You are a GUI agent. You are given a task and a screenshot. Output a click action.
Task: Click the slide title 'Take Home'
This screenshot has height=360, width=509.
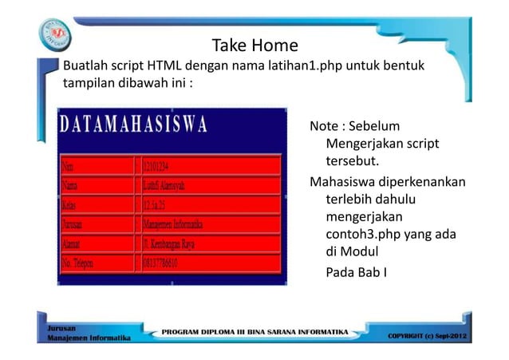254,45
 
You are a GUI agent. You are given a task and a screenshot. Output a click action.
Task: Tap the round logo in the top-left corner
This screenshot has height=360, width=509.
55,35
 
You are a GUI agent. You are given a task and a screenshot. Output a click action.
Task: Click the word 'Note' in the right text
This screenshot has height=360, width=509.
323,127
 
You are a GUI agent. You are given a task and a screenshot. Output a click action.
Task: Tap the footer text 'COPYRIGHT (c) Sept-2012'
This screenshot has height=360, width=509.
428,335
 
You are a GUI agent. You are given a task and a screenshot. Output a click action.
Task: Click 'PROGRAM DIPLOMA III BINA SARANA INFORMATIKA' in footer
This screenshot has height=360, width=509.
255,330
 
